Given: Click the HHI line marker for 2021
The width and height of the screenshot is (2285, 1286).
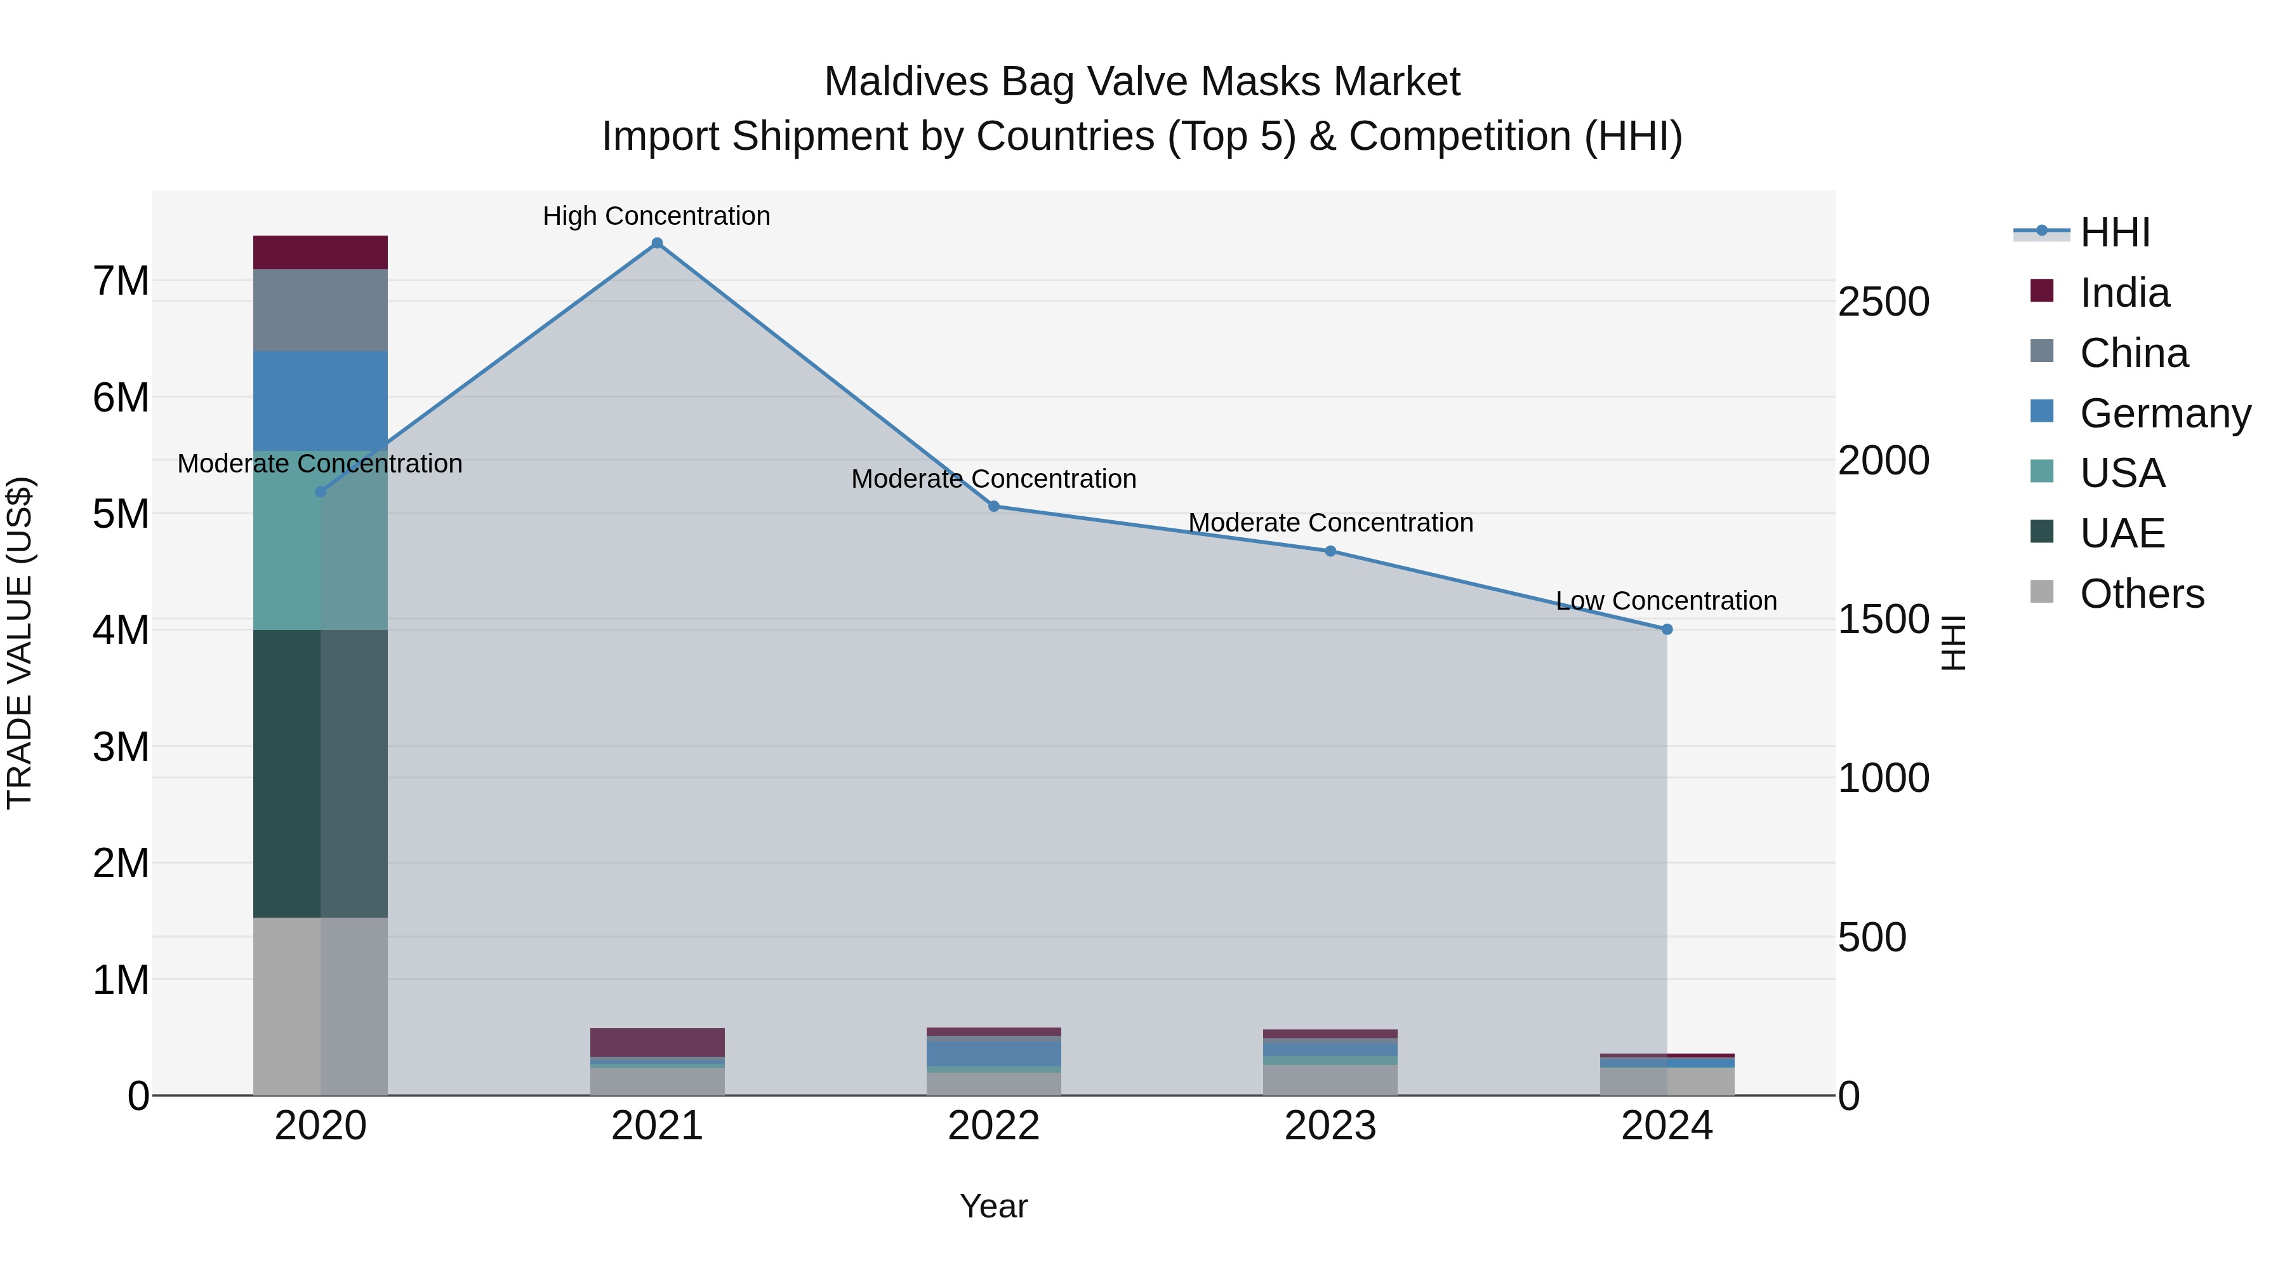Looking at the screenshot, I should point(658,243).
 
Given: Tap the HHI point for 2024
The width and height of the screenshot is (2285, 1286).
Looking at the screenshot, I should point(1667,629).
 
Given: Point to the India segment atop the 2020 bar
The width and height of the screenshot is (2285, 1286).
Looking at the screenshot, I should point(321,253).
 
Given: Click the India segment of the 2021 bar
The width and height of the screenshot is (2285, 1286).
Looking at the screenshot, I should point(658,1042).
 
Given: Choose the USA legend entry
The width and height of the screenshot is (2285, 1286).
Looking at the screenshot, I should point(2122,473).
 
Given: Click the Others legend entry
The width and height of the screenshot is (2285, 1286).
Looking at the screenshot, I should point(2142,594).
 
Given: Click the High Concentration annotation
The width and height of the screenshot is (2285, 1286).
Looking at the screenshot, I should point(656,216).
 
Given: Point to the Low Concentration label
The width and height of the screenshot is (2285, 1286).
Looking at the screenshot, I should point(1666,601).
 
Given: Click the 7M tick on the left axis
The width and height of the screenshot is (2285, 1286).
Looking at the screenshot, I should point(121,281).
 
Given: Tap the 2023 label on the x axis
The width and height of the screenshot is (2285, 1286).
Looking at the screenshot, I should point(1330,1126).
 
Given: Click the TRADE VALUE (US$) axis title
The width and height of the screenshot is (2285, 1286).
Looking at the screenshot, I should point(20,643).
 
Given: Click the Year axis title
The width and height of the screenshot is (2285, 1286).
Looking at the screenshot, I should point(993,1206).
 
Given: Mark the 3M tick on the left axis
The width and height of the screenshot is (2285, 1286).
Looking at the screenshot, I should point(121,747).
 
